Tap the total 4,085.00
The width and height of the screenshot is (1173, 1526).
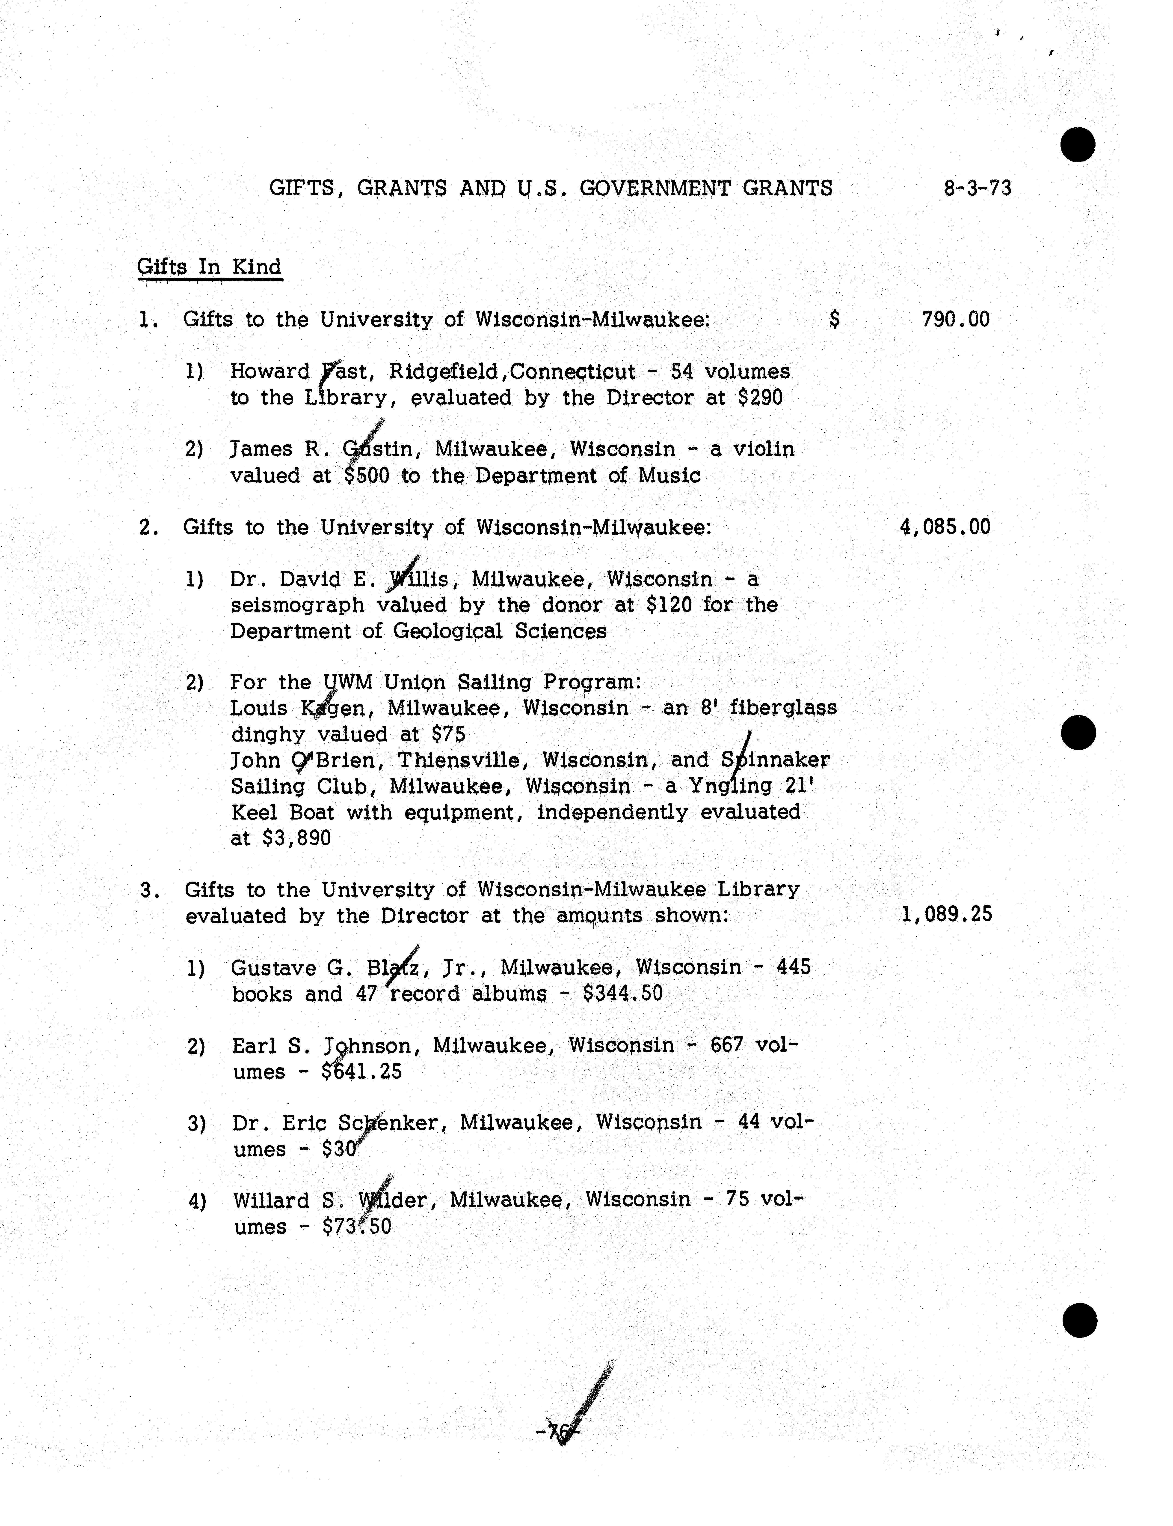(x=945, y=527)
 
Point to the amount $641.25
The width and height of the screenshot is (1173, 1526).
(x=362, y=1072)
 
